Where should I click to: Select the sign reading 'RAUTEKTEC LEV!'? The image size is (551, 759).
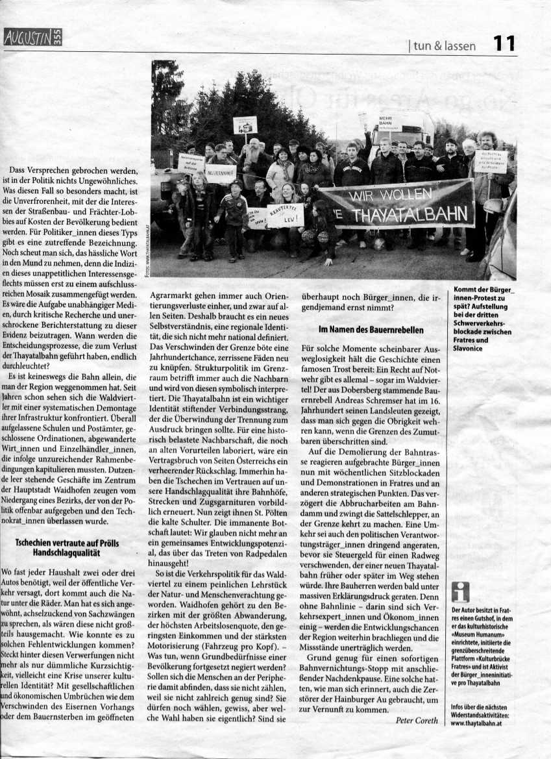[285, 215]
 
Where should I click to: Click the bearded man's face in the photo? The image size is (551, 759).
[254, 147]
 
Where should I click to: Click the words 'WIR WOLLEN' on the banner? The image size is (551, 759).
[397, 195]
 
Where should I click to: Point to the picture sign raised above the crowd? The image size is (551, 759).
[245, 124]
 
